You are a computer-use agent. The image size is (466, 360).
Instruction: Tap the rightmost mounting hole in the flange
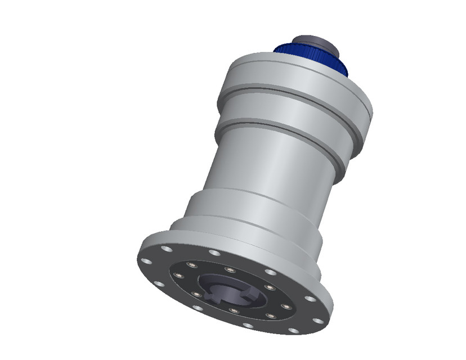pyautogui.click(x=318, y=321)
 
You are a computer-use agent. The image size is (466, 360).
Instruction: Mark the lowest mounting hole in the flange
pyautogui.click(x=293, y=331)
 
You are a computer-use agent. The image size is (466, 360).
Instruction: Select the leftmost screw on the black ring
pyautogui.click(x=179, y=275)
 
